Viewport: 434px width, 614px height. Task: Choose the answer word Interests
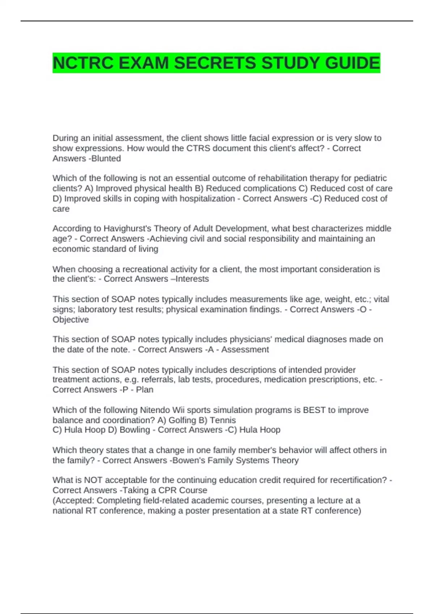tap(192, 279)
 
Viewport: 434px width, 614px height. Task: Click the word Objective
tap(71, 320)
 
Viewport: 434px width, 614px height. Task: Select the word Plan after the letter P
tap(145, 390)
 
